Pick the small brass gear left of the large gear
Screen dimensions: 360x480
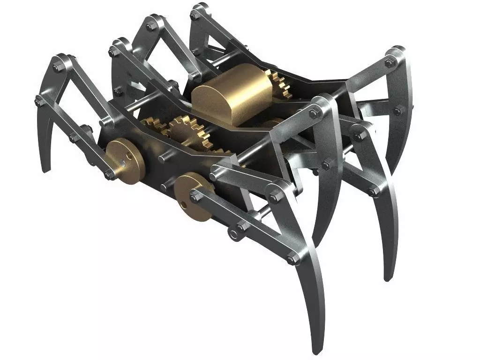click(157, 127)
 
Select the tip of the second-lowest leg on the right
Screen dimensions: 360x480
click(387, 279)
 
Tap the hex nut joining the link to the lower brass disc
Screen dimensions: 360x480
click(194, 193)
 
